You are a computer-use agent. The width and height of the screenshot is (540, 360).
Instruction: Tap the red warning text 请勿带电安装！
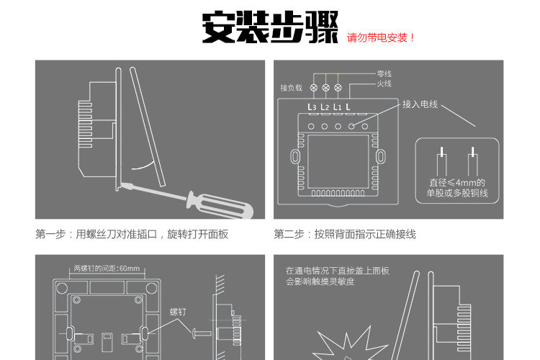click(382, 37)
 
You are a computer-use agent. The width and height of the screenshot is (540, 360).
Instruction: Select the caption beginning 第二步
click(345, 235)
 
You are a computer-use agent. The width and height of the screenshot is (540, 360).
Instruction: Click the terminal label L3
click(312, 107)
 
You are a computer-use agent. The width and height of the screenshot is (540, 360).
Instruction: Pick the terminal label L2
click(325, 107)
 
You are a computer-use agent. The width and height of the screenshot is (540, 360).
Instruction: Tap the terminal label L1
click(337, 107)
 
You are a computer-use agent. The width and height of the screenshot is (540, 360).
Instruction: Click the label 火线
click(384, 84)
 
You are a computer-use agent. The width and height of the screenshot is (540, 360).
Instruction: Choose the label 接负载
click(291, 88)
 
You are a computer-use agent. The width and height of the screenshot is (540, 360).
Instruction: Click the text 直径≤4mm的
click(457, 183)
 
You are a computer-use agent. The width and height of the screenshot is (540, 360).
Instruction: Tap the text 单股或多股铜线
click(457, 193)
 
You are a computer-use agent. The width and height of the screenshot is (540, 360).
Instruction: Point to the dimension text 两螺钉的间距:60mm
click(107, 269)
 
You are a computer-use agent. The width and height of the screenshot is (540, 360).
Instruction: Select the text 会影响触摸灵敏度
click(320, 282)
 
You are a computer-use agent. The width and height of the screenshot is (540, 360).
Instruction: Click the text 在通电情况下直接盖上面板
click(337, 271)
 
